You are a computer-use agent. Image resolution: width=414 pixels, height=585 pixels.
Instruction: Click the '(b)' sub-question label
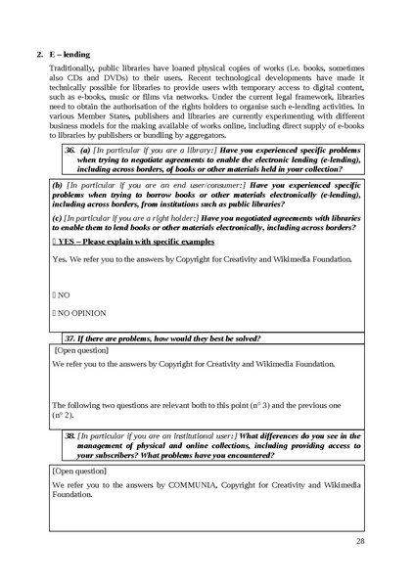pyautogui.click(x=57, y=184)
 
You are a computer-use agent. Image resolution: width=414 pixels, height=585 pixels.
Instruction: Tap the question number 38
pyautogui.click(x=69, y=435)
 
